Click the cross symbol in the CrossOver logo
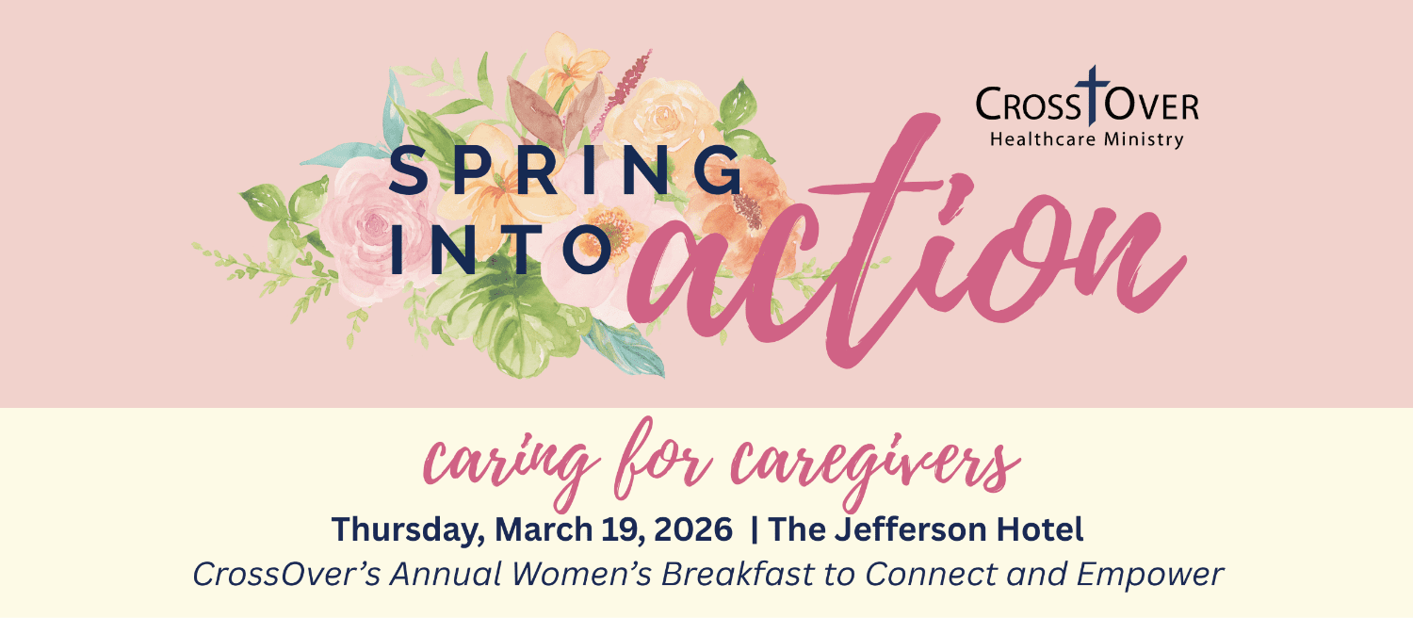click(1092, 94)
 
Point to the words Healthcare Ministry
click(1086, 139)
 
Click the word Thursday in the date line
click(408, 529)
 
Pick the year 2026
click(692, 529)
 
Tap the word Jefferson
click(910, 529)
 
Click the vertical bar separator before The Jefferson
click(755, 529)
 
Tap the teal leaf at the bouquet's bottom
click(625, 350)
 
